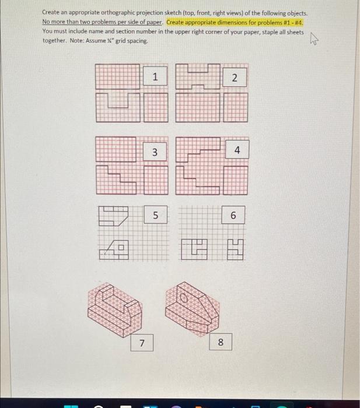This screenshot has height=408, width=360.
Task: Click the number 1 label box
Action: tap(155, 77)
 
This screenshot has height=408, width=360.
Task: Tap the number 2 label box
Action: tap(234, 78)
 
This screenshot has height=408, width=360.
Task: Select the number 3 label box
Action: tap(155, 153)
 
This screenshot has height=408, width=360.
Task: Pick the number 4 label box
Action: tap(237, 150)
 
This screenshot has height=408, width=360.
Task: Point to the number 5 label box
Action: tap(155, 215)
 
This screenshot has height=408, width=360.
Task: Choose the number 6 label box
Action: tap(233, 216)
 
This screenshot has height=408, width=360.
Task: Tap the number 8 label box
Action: tap(221, 342)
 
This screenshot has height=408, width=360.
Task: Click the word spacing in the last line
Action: tap(137, 41)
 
